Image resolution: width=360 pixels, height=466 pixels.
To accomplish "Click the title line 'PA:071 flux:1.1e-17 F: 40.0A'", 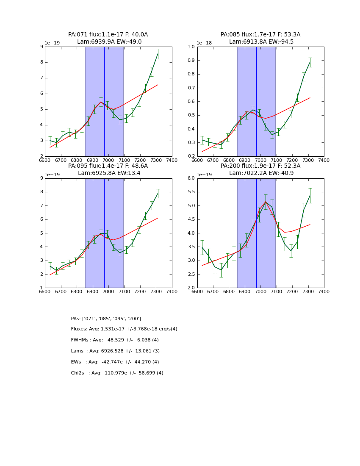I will (x=108, y=35).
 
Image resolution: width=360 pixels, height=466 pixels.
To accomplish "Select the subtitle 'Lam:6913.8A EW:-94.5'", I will (x=260, y=42).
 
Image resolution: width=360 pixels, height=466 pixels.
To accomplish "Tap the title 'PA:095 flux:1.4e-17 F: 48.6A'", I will (x=108, y=166).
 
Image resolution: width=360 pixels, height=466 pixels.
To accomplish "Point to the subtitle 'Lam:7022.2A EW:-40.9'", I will (x=260, y=173).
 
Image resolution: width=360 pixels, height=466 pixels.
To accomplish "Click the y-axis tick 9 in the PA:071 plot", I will (x=42, y=47).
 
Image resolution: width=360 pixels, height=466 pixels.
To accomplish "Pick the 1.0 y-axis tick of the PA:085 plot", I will (x=191, y=47).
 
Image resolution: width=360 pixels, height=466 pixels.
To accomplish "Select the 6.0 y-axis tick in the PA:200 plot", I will (x=191, y=178).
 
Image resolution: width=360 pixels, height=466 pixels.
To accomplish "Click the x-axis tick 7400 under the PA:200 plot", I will (x=324, y=291).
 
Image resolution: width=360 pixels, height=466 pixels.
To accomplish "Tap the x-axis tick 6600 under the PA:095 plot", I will (x=45, y=291).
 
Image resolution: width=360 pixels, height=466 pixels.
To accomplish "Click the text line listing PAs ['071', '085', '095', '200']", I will (x=106, y=319).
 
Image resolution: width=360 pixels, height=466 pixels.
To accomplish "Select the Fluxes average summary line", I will (x=124, y=329).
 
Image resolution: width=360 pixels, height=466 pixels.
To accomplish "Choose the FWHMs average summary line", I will (x=115, y=340).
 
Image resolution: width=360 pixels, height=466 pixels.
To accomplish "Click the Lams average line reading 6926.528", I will (x=115, y=351).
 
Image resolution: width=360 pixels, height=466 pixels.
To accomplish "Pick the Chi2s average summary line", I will (x=117, y=373).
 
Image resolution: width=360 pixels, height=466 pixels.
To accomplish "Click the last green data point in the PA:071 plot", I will (x=158, y=53).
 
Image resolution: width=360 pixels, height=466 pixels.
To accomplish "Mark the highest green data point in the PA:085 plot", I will (x=310, y=62).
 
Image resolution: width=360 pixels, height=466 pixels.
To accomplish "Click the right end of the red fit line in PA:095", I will (x=158, y=218).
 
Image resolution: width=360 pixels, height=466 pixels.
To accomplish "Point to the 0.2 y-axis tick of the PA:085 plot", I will (x=191, y=156).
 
